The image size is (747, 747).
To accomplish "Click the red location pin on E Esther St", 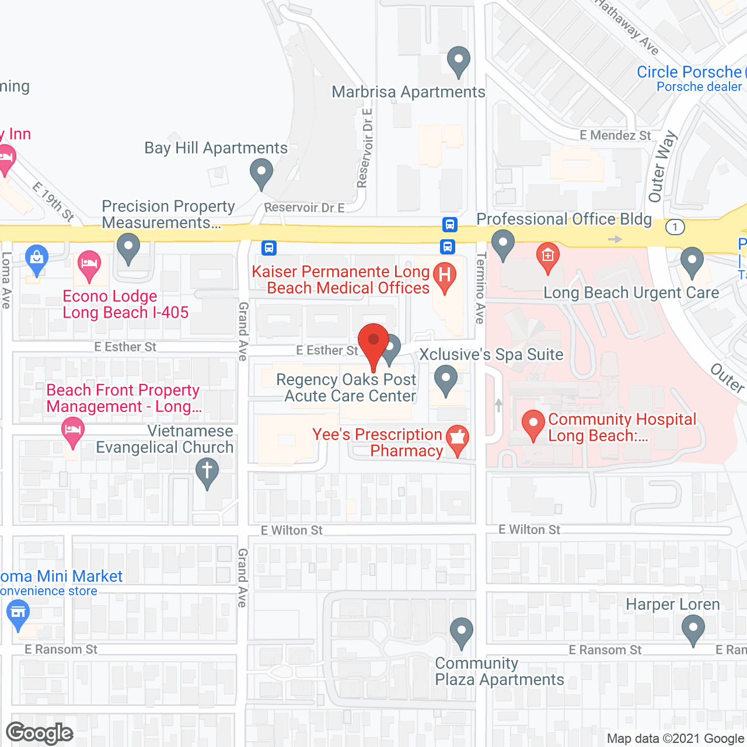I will pos(373,342).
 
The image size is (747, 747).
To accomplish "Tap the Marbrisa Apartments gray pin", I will pos(459,60).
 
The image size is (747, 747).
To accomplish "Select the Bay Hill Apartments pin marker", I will pos(261,173).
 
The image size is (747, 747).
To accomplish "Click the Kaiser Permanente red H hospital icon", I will pos(445,275).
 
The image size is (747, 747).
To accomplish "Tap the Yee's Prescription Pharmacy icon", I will pos(458,438).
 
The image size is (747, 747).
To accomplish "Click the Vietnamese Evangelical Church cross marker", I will pos(207,472).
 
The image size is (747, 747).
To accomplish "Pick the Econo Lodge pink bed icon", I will pos(89,265).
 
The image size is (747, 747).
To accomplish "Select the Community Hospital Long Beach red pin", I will pos(533,424).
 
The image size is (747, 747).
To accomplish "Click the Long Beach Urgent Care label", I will pos(631,292).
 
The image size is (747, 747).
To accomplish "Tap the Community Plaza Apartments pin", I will pos(462,632).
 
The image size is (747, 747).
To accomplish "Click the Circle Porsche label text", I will pos(689,72).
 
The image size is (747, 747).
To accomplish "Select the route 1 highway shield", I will pos(675,227).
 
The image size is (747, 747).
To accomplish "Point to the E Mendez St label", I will pos(615,135).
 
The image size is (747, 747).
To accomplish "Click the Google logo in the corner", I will pos(40,733).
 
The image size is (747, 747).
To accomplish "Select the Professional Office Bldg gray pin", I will pos(502,243).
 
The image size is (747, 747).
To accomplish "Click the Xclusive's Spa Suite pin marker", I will pos(446,379).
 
